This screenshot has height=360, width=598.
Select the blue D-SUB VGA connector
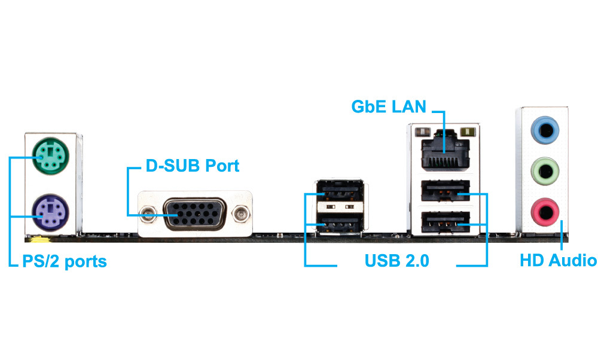(196, 213)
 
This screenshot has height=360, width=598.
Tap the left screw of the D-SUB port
(147, 213)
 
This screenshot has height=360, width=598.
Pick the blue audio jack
(545, 128)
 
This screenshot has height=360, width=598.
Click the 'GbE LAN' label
(388, 108)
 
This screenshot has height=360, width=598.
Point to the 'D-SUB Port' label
(193, 165)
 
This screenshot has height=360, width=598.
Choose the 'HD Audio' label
(557, 261)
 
